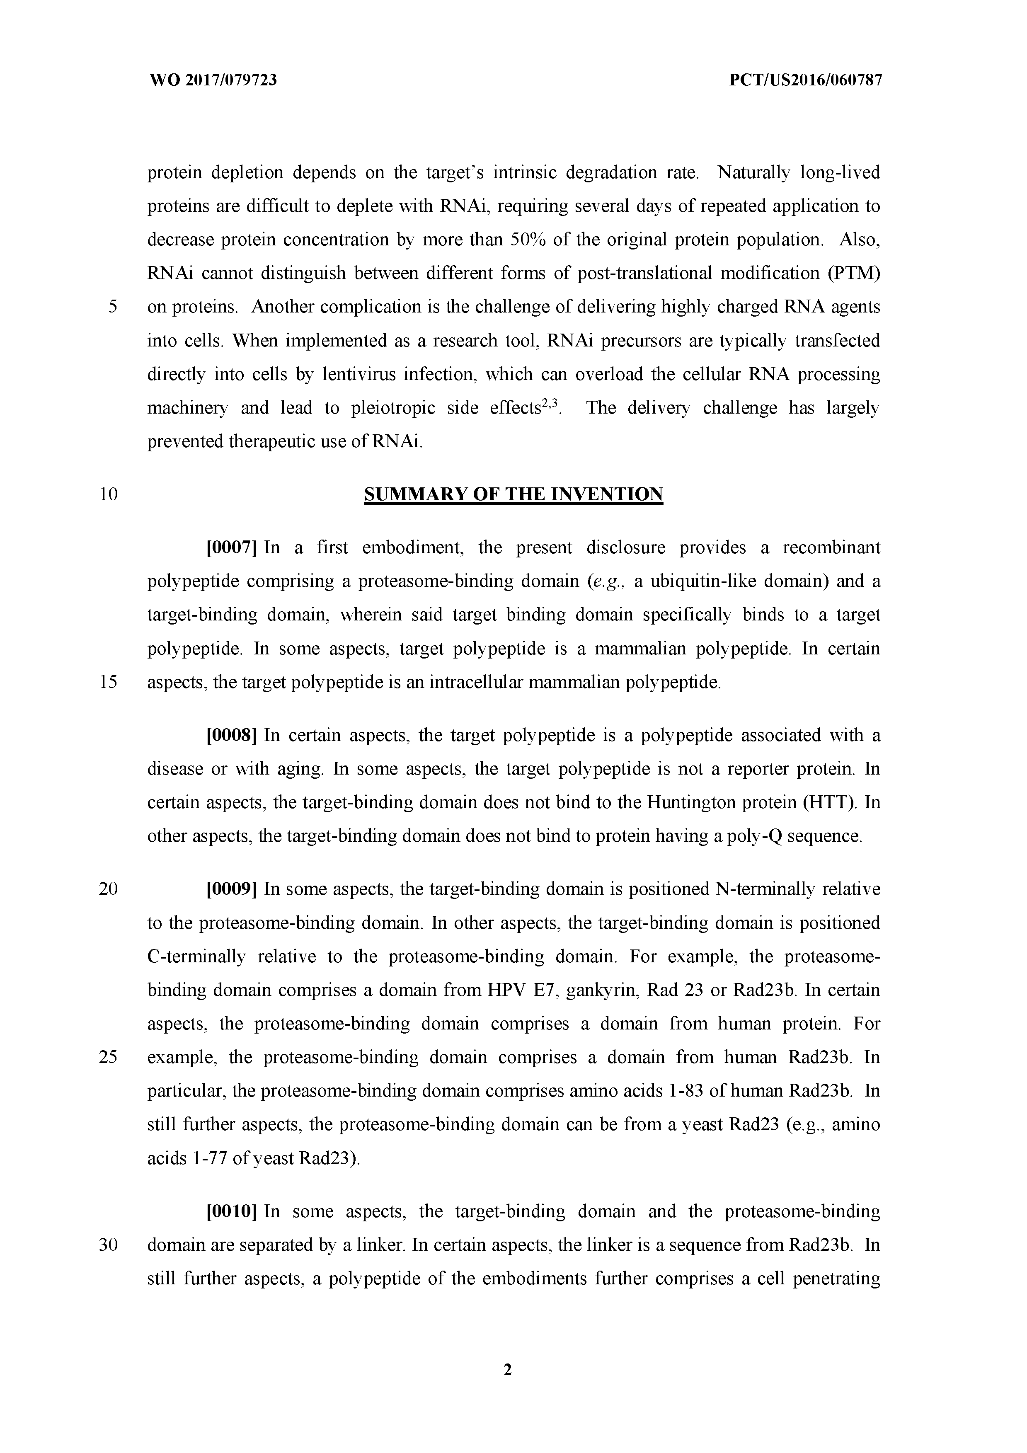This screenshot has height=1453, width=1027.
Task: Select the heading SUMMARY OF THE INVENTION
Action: pyautogui.click(x=513, y=494)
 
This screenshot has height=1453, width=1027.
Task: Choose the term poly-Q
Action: pyautogui.click(x=752, y=837)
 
